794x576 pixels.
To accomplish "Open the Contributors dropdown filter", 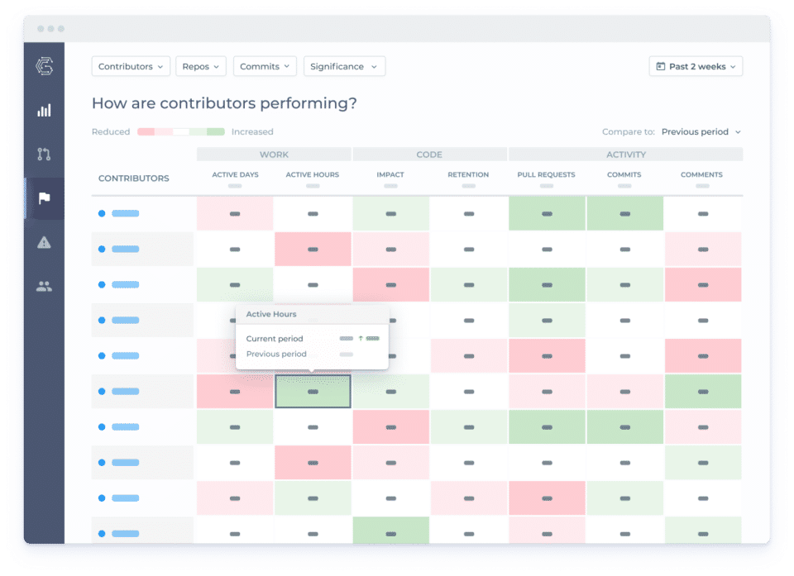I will point(131,66).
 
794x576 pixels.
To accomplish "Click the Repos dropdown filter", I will point(201,66).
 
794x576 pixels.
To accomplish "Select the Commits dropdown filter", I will point(265,66).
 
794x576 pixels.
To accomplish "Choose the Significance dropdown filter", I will point(344,66).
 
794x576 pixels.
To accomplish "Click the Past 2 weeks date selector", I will point(696,66).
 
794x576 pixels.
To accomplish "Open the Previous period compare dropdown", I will point(701,131).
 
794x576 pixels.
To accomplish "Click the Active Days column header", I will point(235,175).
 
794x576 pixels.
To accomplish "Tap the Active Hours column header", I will point(312,175).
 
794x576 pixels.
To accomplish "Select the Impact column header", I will point(390,175).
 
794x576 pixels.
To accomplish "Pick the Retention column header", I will point(468,175).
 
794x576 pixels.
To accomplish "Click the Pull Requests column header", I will point(546,175).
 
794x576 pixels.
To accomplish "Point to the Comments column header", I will point(701,175).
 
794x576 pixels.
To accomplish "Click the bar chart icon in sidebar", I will point(44,110).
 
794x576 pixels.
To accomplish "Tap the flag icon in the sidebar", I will point(44,198).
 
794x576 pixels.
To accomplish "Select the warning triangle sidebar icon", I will point(44,242).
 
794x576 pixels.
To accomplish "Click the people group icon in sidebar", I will point(44,287).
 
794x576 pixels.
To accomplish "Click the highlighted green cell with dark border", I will point(313,392).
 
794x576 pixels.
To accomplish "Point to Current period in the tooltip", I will point(275,339).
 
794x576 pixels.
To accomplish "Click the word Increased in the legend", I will point(252,132).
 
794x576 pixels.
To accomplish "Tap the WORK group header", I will point(274,155).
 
